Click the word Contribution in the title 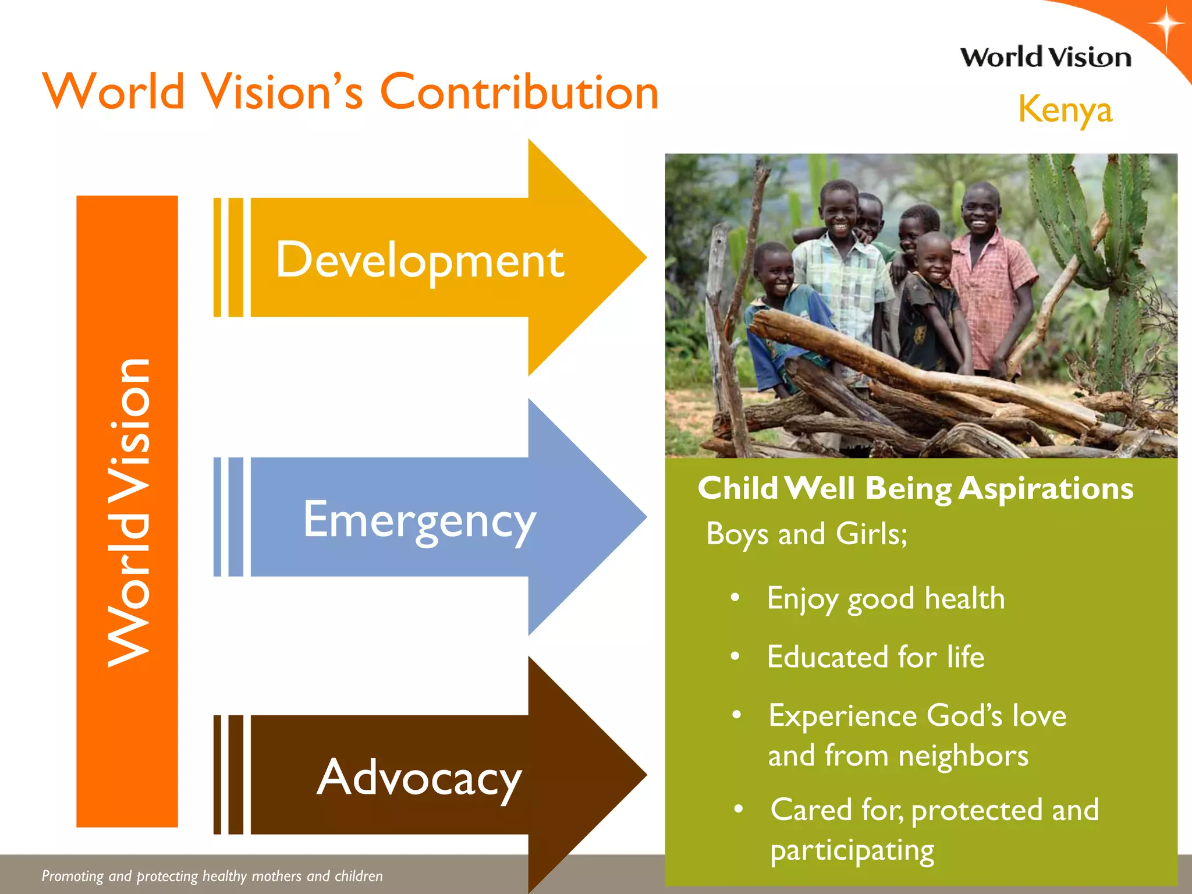tap(519, 92)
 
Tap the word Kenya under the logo tap(1065, 109)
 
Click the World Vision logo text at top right tap(1045, 58)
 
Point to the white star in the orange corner tap(1166, 26)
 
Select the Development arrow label tap(420, 260)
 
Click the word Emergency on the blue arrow tap(419, 520)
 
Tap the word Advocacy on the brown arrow tap(419, 778)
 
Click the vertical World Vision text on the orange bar tap(128, 512)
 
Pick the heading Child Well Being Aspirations tap(915, 488)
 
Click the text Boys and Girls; tap(806, 534)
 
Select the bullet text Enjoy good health tap(885, 599)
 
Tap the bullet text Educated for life tap(875, 657)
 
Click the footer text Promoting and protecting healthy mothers tap(212, 876)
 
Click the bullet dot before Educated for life tap(735, 657)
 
